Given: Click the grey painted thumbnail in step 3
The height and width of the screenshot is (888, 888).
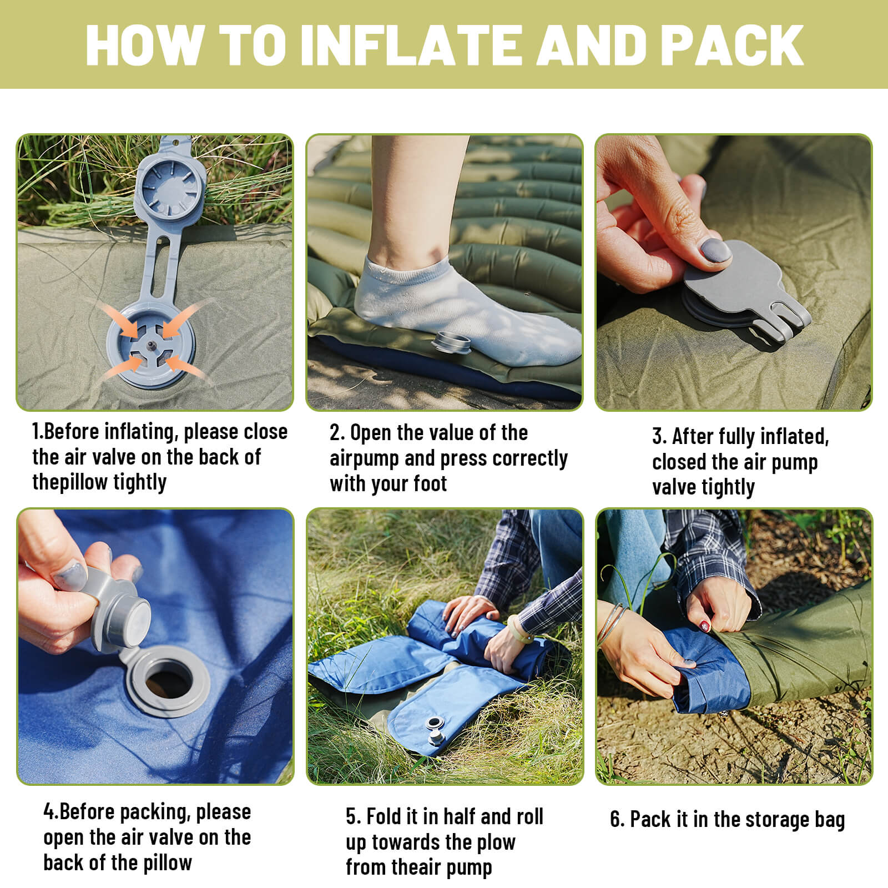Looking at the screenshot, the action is pos(716,251).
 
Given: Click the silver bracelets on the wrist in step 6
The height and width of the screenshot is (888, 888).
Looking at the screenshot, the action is pos(612,624).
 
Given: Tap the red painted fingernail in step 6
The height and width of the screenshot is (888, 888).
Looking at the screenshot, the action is pos(705,626).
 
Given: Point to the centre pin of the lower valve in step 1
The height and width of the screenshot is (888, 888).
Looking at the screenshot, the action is pos(150,345).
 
